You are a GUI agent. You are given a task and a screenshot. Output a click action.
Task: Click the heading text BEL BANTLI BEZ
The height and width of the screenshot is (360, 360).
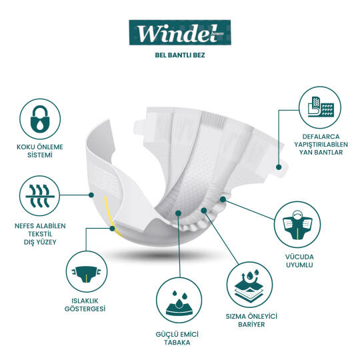coord(179,55)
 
